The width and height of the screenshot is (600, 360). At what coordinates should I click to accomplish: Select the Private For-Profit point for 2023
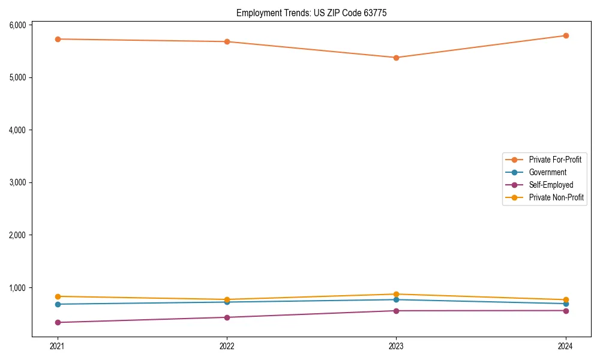coord(396,58)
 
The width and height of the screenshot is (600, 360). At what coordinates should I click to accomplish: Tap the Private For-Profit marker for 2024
coord(566,35)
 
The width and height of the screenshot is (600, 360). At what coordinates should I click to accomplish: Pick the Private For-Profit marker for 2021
coord(58,39)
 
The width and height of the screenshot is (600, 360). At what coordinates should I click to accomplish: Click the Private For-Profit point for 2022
coord(227,41)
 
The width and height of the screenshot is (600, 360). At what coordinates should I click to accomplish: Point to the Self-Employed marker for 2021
coord(58,322)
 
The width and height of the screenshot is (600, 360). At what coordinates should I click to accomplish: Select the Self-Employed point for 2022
coord(227,317)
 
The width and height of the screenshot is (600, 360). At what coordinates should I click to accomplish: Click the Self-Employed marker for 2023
coord(396,311)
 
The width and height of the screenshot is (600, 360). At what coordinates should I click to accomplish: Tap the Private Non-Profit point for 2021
coord(58,296)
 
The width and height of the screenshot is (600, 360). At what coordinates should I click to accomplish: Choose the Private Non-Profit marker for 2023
coord(396,294)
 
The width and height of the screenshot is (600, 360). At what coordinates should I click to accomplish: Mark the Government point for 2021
coord(58,304)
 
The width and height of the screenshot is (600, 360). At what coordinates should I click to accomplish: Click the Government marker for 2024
coord(566,304)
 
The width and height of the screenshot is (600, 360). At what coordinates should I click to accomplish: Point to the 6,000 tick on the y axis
coord(17,25)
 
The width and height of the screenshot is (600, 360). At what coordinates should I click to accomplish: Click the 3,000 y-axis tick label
coord(17,182)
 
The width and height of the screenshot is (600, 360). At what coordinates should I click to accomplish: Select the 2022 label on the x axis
coord(227,346)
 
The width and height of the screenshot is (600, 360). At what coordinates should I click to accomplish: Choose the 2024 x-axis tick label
coord(566,346)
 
